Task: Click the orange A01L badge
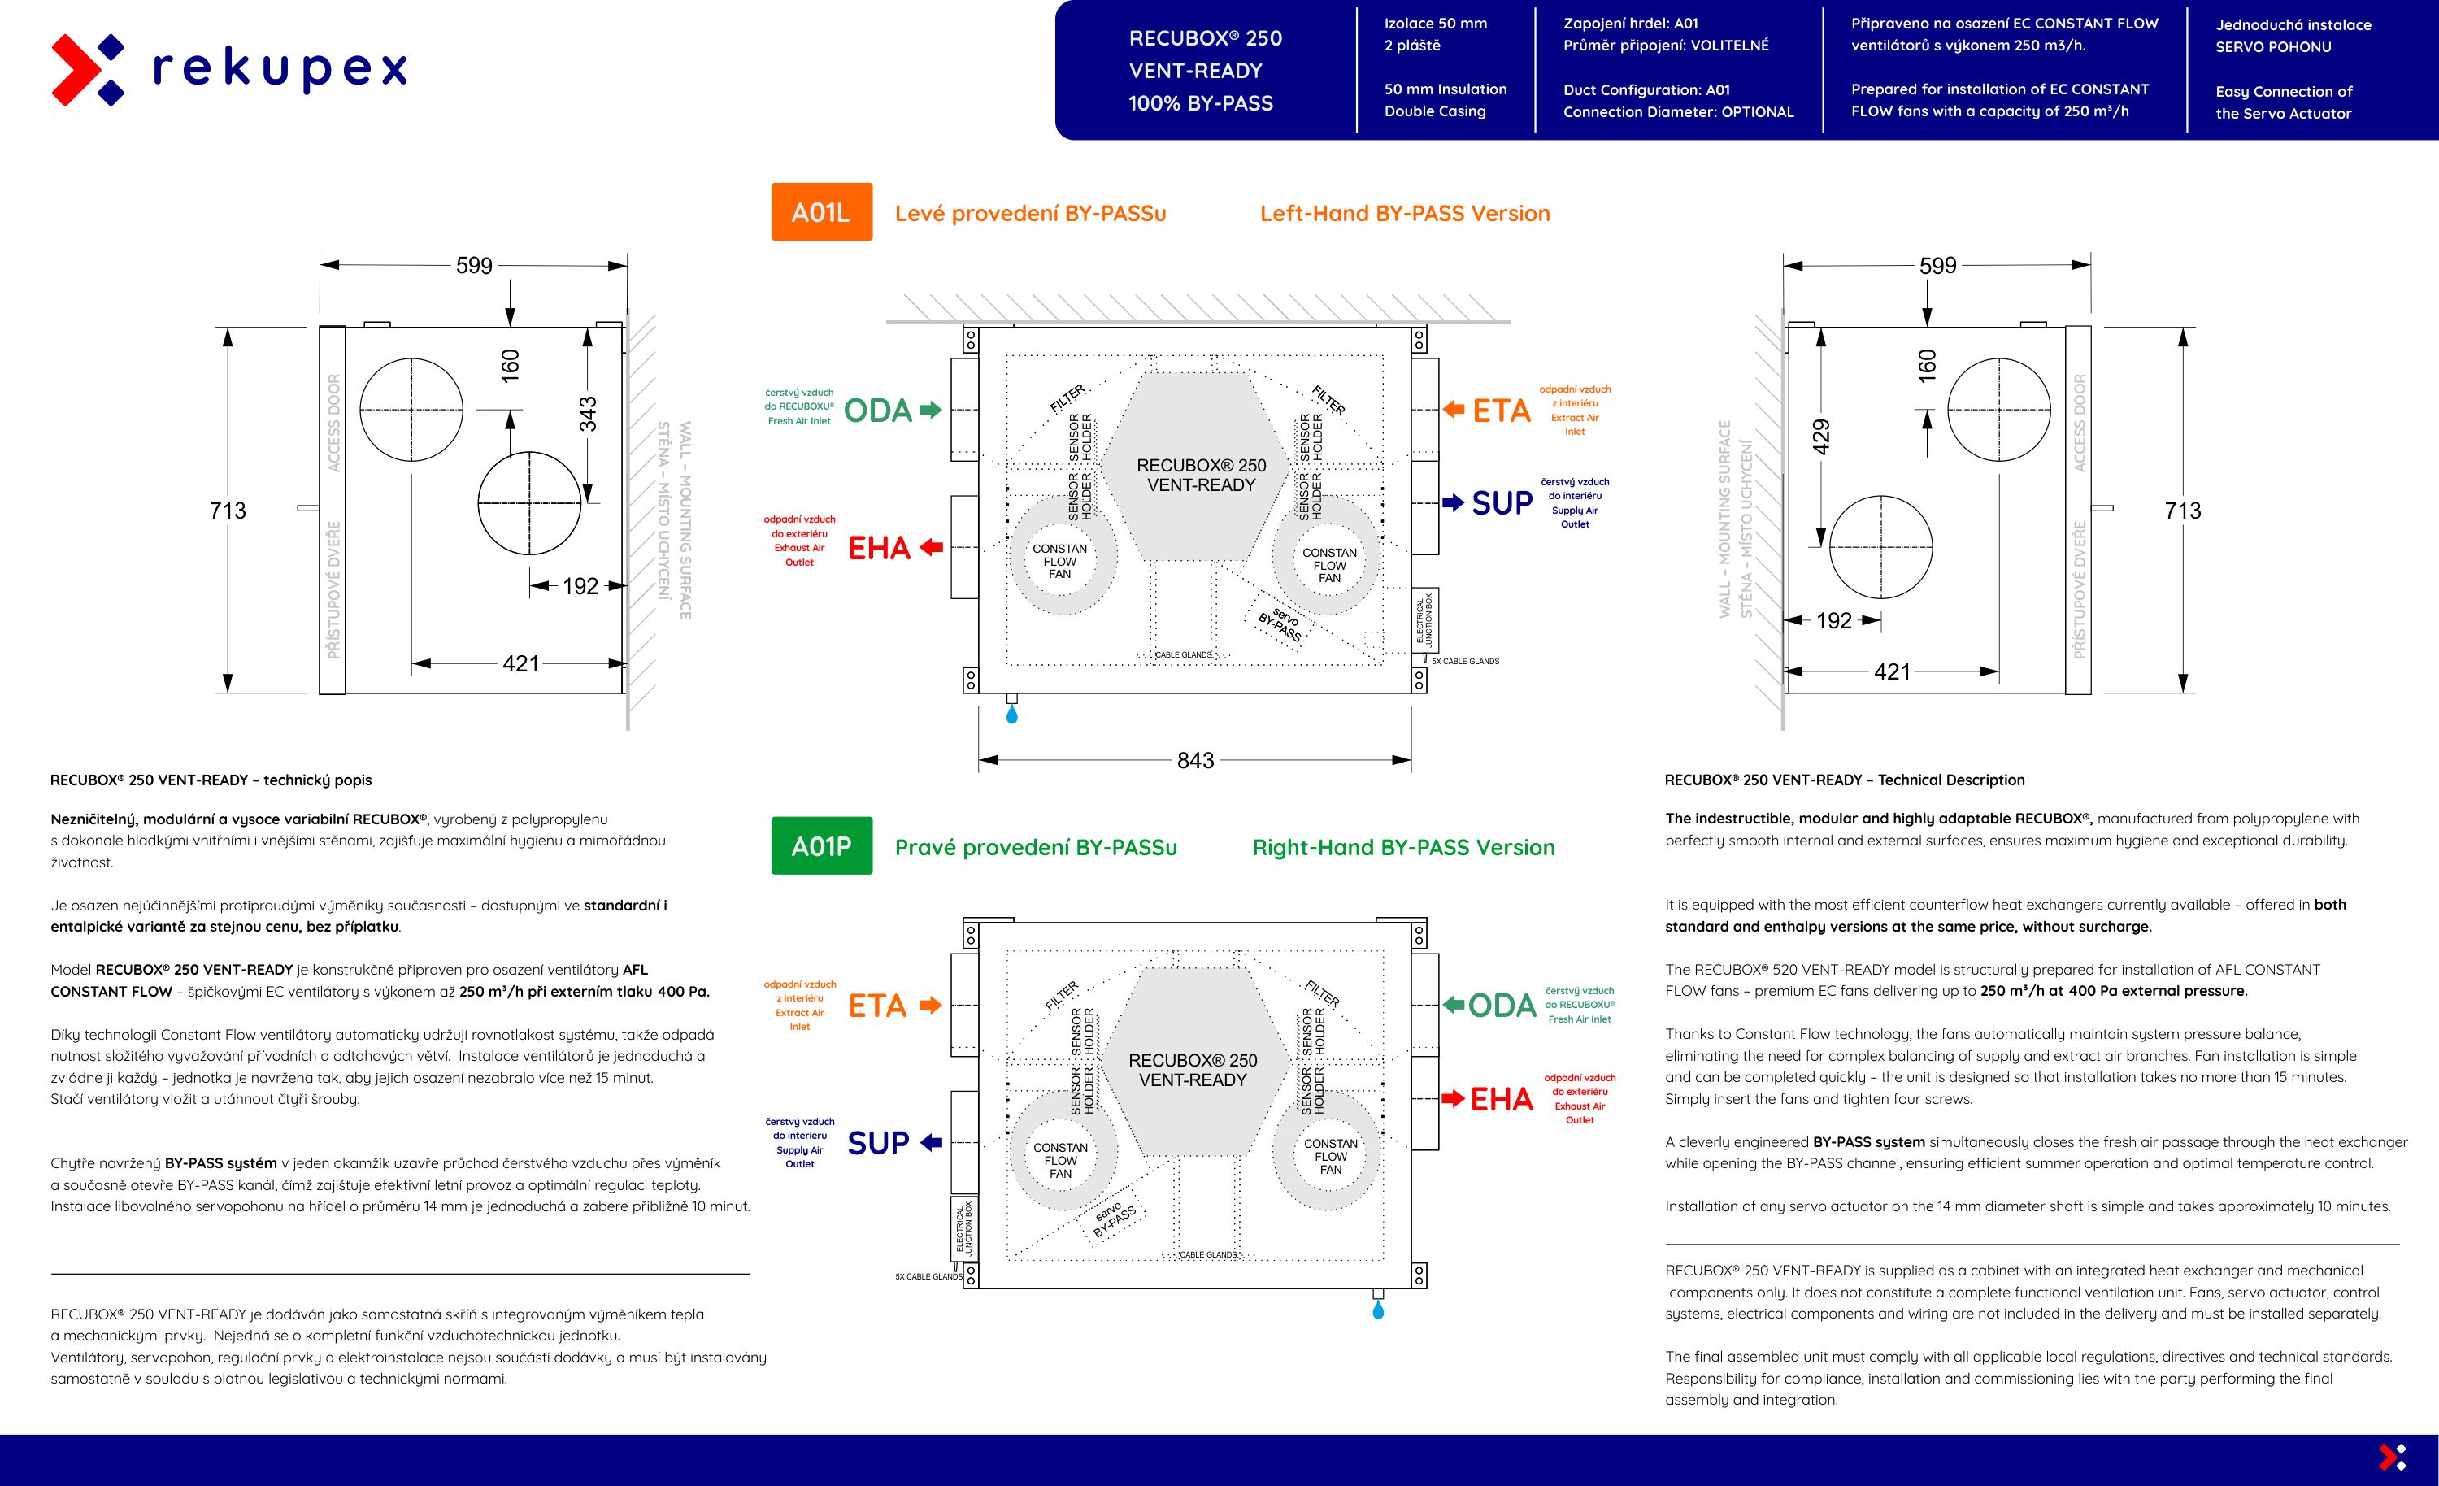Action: pyautogui.click(x=822, y=212)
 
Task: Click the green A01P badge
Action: pyautogui.click(x=822, y=845)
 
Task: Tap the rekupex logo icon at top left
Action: pyautogui.click(x=87, y=69)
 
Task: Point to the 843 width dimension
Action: pyautogui.click(x=1195, y=760)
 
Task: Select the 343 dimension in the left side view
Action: pyautogui.click(x=588, y=414)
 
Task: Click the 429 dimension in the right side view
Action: pyautogui.click(x=1821, y=437)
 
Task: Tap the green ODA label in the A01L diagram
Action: pyautogui.click(x=878, y=411)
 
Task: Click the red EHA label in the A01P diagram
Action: pyautogui.click(x=1501, y=1099)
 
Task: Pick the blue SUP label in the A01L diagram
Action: pyautogui.click(x=1502, y=503)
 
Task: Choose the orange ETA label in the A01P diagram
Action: pyautogui.click(x=877, y=1006)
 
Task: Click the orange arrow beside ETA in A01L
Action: pyautogui.click(x=1453, y=409)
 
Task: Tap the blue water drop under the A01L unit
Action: pyautogui.click(x=1011, y=714)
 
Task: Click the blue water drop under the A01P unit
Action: pyautogui.click(x=1378, y=1310)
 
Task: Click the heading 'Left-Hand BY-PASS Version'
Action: pyautogui.click(x=1405, y=213)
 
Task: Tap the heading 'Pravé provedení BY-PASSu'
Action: pyautogui.click(x=1036, y=847)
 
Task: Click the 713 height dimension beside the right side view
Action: pyautogui.click(x=2183, y=511)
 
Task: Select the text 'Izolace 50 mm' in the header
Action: pyautogui.click(x=1435, y=24)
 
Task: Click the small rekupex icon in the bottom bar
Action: pyautogui.click(x=2393, y=1458)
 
